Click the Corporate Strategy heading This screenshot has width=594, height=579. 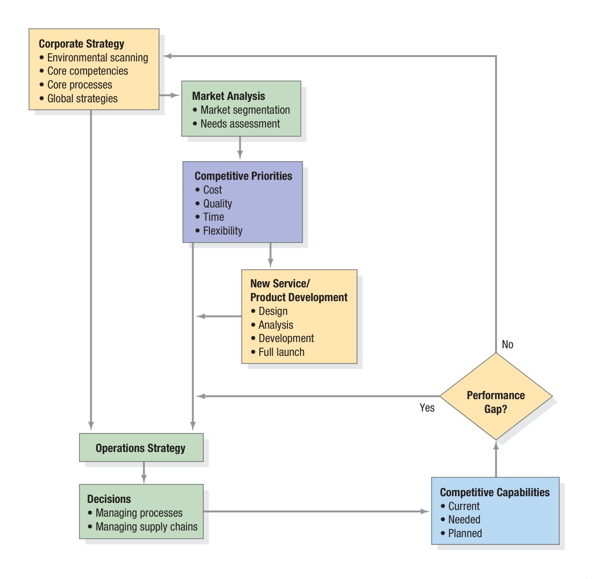[x=81, y=44]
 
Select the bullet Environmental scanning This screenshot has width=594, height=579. [x=97, y=58]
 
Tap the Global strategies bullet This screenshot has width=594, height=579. [x=82, y=98]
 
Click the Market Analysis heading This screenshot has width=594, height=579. [x=228, y=96]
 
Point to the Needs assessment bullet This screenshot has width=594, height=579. [x=240, y=124]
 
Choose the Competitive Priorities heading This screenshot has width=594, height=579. [x=243, y=176]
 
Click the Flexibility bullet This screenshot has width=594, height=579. [x=222, y=231]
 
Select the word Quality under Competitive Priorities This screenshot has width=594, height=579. [x=218, y=204]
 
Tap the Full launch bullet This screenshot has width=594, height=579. [x=281, y=352]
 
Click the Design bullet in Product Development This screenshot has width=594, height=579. [x=273, y=311]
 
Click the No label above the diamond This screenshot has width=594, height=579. [x=507, y=344]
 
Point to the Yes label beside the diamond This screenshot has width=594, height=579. [x=427, y=408]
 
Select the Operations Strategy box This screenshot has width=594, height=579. [x=141, y=448]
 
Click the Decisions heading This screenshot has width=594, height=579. [x=109, y=499]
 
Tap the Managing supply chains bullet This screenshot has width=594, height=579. [x=146, y=527]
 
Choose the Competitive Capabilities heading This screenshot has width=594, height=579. [x=495, y=492]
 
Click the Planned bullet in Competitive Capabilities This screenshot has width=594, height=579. [x=465, y=533]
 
